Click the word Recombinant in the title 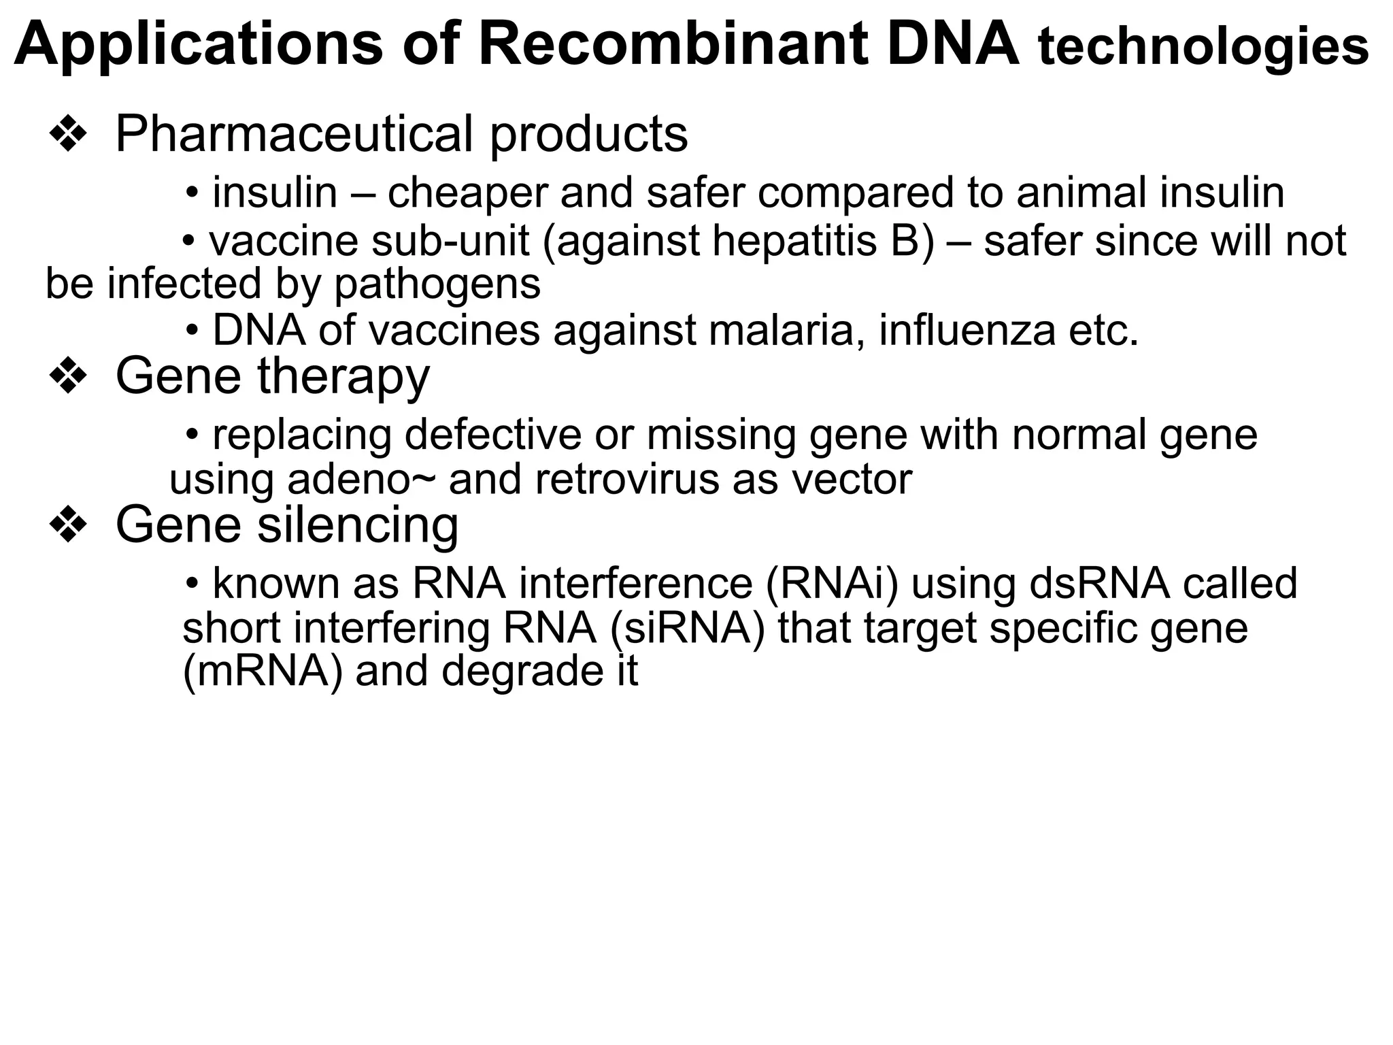point(673,44)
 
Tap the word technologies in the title point(1203,48)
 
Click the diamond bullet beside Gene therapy point(68,377)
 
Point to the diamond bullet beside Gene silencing point(68,525)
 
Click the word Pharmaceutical point(295,135)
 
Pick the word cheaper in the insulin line point(467,193)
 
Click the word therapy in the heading point(343,377)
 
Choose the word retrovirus point(626,480)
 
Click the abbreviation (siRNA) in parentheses point(687,628)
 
